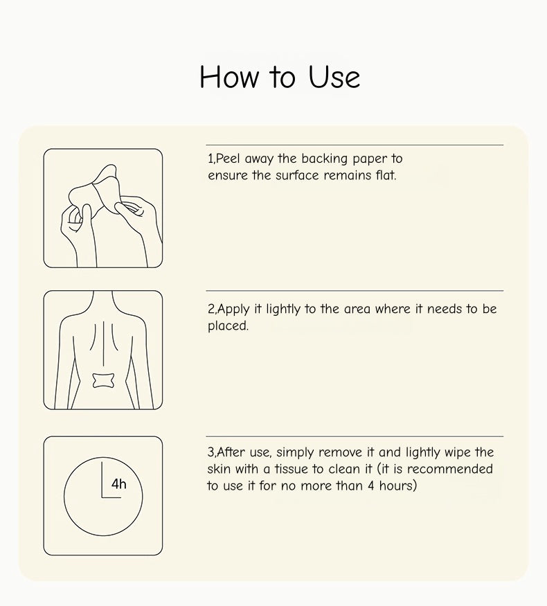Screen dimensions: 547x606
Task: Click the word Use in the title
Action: tap(334, 76)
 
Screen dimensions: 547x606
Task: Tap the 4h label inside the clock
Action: tap(118, 483)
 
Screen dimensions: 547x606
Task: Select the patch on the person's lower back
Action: tap(103, 381)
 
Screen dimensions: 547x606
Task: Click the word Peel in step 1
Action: tap(228, 159)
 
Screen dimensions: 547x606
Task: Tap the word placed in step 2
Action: tap(228, 326)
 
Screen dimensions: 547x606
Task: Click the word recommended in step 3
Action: tap(450, 469)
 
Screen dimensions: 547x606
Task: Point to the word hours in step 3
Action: tap(398, 485)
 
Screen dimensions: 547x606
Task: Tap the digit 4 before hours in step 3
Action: tap(371, 485)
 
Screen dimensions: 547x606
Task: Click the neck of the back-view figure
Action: tap(102, 299)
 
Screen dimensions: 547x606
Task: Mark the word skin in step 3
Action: tap(219, 469)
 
